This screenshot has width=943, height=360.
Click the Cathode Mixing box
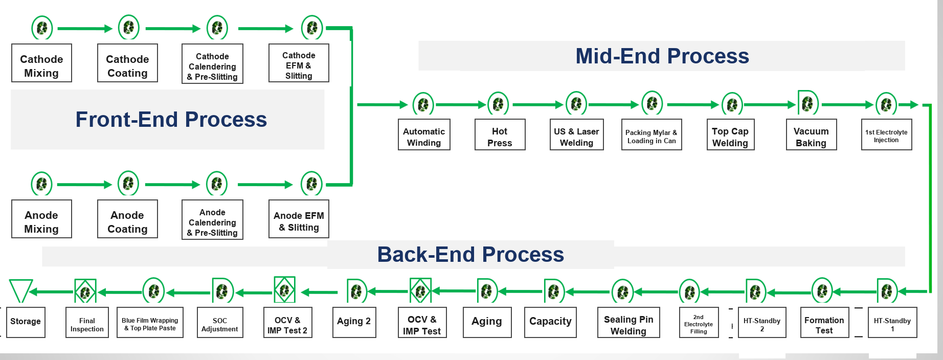point(41,63)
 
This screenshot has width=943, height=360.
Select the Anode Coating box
point(127,219)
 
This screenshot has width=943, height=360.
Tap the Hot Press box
point(500,134)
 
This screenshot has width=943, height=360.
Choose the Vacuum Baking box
point(811,134)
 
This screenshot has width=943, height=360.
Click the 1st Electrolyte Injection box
point(886,134)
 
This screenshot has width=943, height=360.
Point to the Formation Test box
point(824,322)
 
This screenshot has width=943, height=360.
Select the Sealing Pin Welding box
point(628,322)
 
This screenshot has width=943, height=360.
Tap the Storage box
point(26,322)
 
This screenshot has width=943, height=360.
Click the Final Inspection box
point(87,322)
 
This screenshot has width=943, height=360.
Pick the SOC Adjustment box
point(220,322)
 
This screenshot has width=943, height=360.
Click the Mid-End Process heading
point(662,56)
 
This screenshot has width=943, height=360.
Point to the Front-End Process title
point(171,119)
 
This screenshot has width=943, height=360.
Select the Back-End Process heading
point(470,254)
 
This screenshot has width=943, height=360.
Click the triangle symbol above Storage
point(20,291)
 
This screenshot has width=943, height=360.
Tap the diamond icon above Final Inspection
point(85,291)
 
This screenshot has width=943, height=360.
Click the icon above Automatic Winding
point(423,104)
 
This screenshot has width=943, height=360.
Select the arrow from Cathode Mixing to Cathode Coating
point(84,29)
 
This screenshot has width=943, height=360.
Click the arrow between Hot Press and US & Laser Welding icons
point(537,104)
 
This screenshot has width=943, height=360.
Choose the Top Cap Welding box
point(730,134)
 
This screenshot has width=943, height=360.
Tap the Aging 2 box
point(354,322)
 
